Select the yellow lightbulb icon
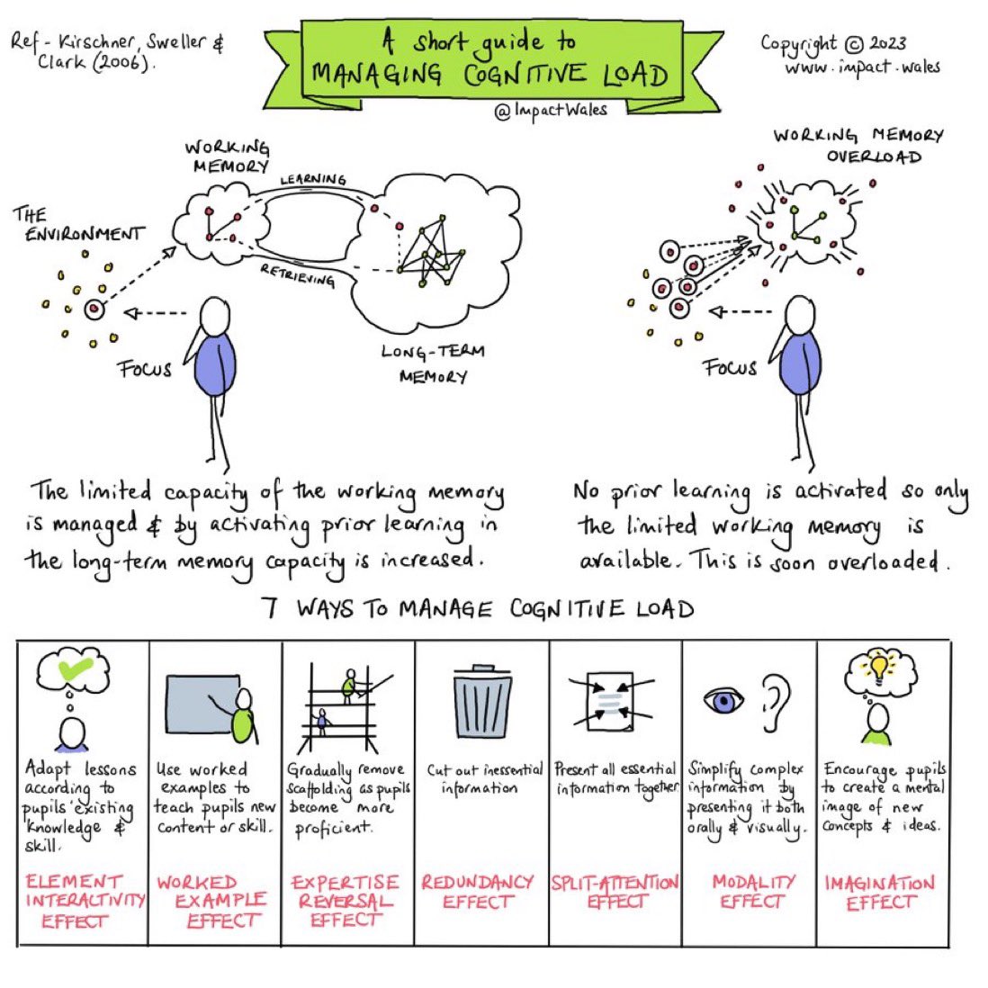[x=879, y=667]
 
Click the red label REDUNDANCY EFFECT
[x=478, y=892]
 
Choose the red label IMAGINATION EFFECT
[x=879, y=893]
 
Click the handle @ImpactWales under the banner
[x=551, y=110]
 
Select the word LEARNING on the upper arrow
[x=312, y=180]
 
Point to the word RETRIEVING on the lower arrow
[x=297, y=274]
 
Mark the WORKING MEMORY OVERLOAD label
[x=858, y=146]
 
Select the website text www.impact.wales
[x=861, y=67]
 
